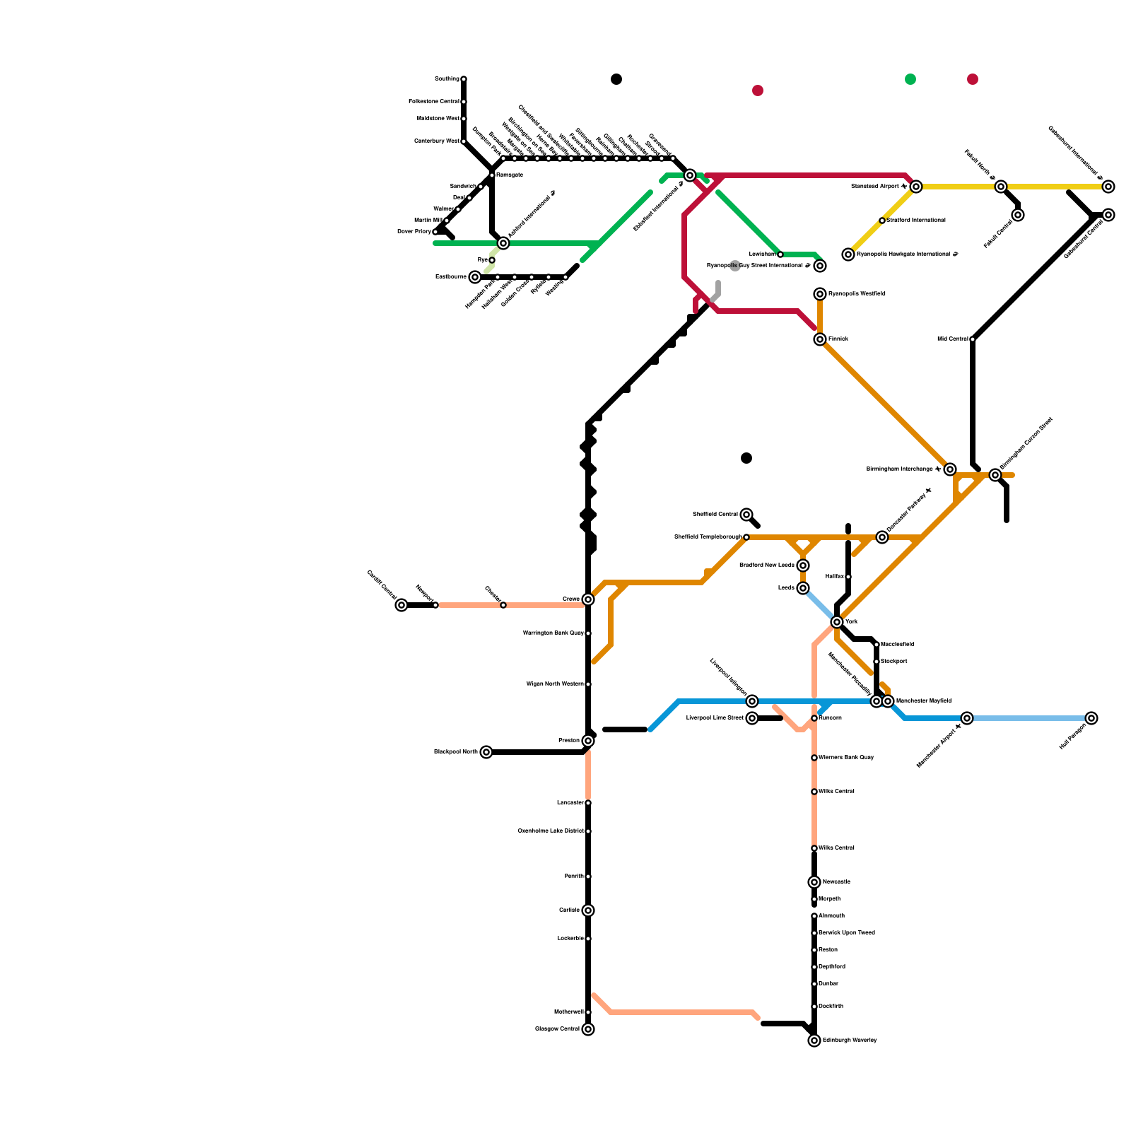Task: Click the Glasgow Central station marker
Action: click(588, 1029)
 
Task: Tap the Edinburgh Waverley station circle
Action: click(814, 1041)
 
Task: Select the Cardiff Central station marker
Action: click(402, 605)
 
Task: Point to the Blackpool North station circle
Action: click(486, 752)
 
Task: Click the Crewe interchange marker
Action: click(588, 599)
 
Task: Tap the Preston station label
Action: click(569, 741)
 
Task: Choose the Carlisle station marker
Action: click(588, 910)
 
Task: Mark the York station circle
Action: click(837, 622)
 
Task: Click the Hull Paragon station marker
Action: click(1091, 718)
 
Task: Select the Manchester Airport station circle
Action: click(967, 718)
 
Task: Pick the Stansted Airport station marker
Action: click(916, 187)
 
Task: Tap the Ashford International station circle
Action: click(503, 243)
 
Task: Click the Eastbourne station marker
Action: click(475, 277)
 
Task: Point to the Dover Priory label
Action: click(414, 232)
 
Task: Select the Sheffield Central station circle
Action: click(746, 515)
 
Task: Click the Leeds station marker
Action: click(803, 588)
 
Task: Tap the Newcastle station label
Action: click(836, 882)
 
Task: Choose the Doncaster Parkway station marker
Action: click(882, 537)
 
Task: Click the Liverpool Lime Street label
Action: click(715, 718)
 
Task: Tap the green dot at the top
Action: click(910, 79)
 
